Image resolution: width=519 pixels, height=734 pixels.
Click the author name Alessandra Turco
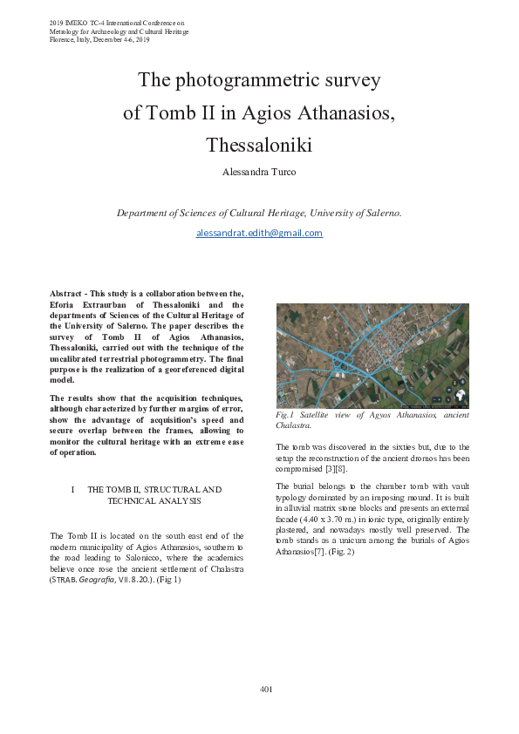(259, 173)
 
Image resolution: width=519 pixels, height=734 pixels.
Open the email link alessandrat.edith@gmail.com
(259, 233)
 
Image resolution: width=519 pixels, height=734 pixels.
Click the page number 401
(266, 690)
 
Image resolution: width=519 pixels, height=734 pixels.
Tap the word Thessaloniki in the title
(259, 143)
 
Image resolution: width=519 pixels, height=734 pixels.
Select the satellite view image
(372, 356)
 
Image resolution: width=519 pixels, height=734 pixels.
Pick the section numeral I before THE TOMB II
(72, 490)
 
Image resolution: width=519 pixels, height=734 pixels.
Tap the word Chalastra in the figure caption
(294, 426)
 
